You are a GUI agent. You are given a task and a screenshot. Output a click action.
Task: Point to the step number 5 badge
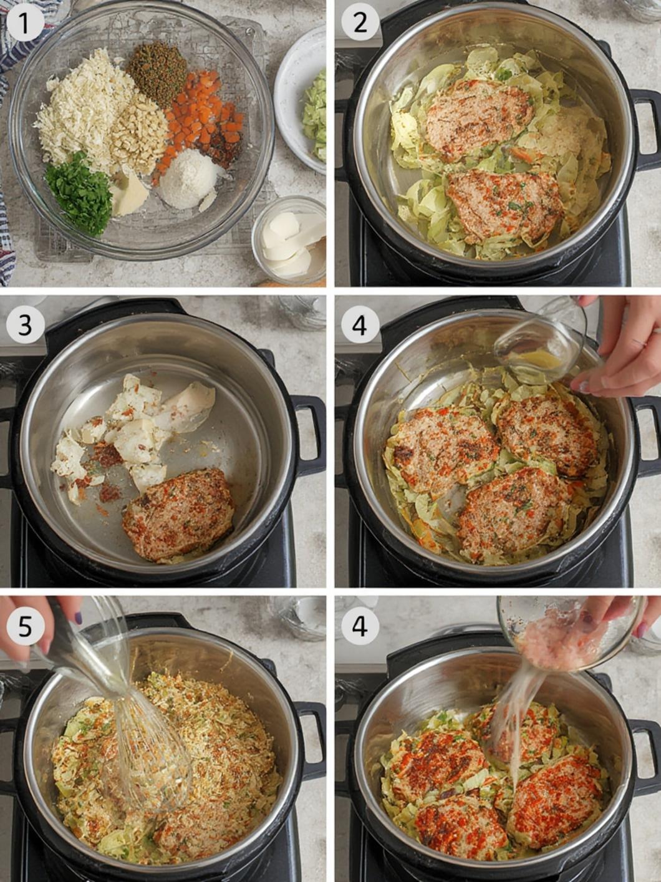[x=25, y=626]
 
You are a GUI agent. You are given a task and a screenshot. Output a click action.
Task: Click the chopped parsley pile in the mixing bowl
[x=79, y=193]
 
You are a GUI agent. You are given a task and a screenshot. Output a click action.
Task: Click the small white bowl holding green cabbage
[x=301, y=100]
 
